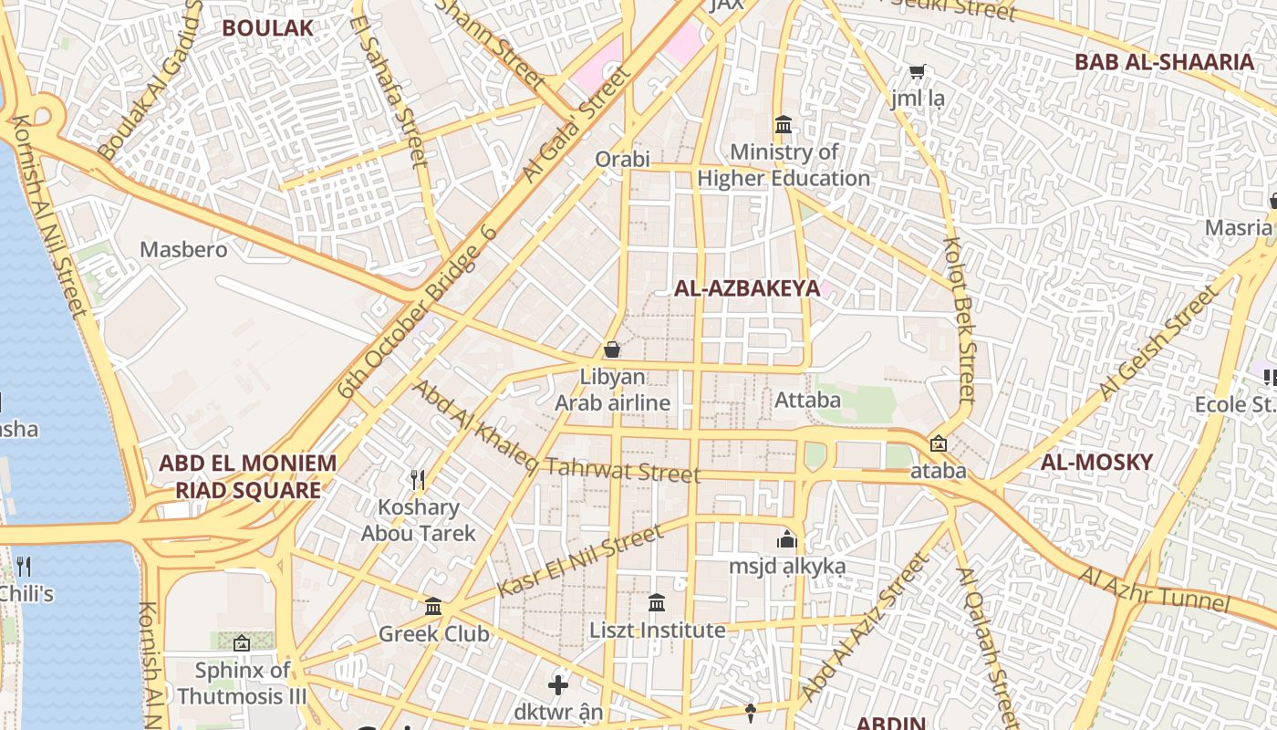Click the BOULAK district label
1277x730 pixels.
[x=267, y=27]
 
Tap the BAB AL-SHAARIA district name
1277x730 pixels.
[x=1164, y=62]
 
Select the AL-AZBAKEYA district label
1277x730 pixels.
[x=747, y=288]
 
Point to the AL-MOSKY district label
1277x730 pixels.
[x=1096, y=462]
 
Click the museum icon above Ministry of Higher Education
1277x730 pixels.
[x=784, y=124]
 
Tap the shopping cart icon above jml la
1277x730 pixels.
[x=917, y=71]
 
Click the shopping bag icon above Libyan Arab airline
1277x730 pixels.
[x=612, y=349]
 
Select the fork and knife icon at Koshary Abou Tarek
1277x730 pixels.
[x=418, y=479]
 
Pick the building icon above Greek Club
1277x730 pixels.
[x=433, y=606]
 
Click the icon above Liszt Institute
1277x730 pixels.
[x=657, y=602]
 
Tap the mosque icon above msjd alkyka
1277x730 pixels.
[x=786, y=539]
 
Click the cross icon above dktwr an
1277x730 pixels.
[x=558, y=684]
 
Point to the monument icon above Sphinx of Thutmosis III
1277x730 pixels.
[x=242, y=643]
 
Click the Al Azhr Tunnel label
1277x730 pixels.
[x=1155, y=589]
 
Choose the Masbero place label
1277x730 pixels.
[x=183, y=249]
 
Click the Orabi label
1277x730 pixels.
[x=622, y=159]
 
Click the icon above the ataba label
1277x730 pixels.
[x=938, y=444]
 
